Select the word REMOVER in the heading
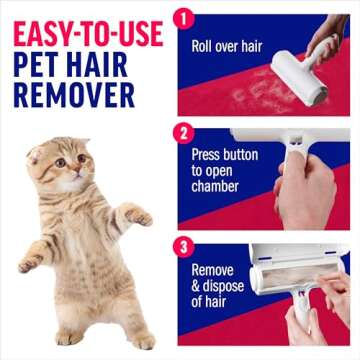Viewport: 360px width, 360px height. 75,95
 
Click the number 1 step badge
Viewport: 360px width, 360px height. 183,19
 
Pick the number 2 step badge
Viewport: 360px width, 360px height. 183,130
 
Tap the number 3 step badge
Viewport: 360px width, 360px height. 183,244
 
